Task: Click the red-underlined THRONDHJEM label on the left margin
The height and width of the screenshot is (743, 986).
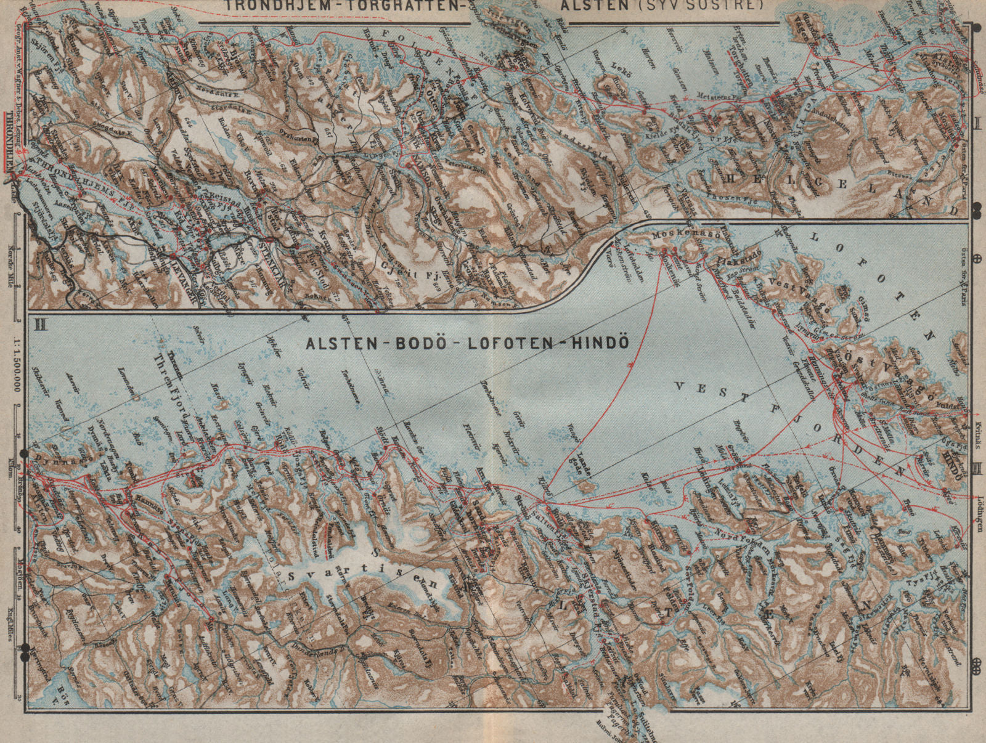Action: coord(9,143)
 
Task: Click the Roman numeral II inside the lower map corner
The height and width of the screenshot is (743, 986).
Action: coord(42,323)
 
